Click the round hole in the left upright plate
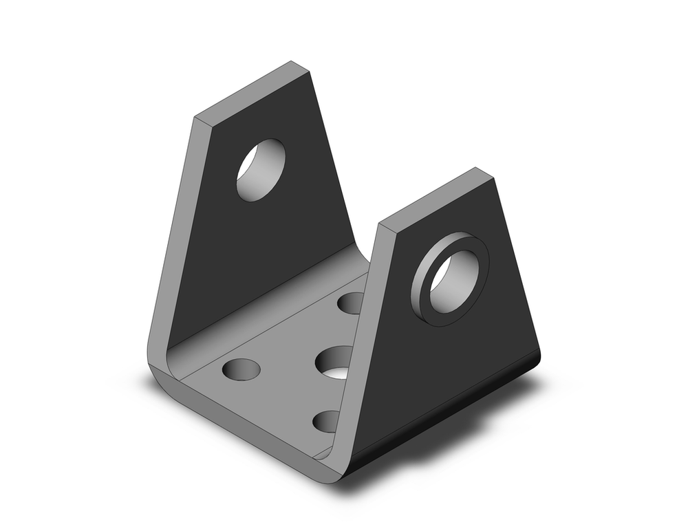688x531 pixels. click(x=261, y=170)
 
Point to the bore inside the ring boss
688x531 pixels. click(x=454, y=281)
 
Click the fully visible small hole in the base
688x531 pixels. click(x=241, y=369)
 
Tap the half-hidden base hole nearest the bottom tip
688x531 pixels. click(x=326, y=421)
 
